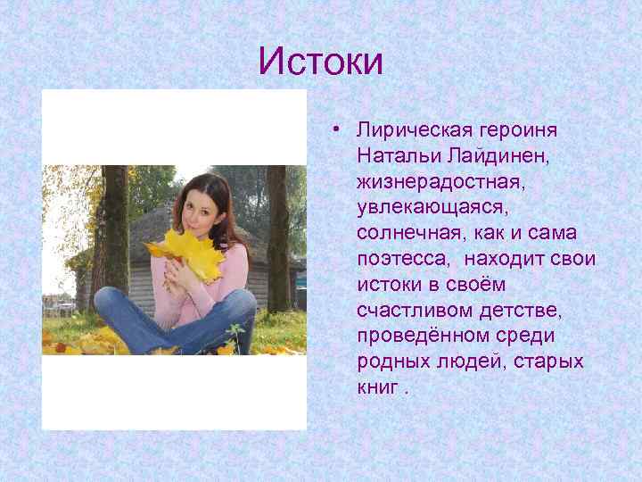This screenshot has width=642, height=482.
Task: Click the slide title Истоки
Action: [x=320, y=62]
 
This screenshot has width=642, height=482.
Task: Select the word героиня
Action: [x=518, y=130]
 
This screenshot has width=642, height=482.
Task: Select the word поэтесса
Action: [x=401, y=260]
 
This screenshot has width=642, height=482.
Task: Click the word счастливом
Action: [x=416, y=312]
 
